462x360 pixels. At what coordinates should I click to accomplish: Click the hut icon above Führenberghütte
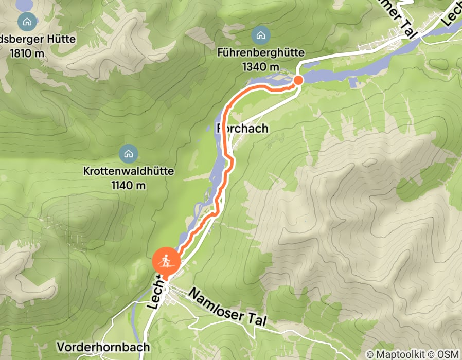point(261,35)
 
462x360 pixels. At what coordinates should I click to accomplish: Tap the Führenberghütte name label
point(261,53)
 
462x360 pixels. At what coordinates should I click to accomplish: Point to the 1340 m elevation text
point(261,67)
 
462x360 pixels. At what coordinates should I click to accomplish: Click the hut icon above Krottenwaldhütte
point(128,153)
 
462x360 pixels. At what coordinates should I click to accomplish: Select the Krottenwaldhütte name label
point(128,171)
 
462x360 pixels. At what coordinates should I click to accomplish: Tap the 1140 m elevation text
point(128,185)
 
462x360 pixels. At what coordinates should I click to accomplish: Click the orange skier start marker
point(166,262)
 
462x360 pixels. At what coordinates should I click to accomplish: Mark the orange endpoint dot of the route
point(298,80)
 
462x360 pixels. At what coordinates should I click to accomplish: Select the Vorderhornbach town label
point(103,347)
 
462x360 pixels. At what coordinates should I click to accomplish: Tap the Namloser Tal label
point(227,307)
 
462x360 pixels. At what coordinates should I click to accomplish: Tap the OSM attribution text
point(447,354)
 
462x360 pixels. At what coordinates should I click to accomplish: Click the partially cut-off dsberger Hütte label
point(39,39)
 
